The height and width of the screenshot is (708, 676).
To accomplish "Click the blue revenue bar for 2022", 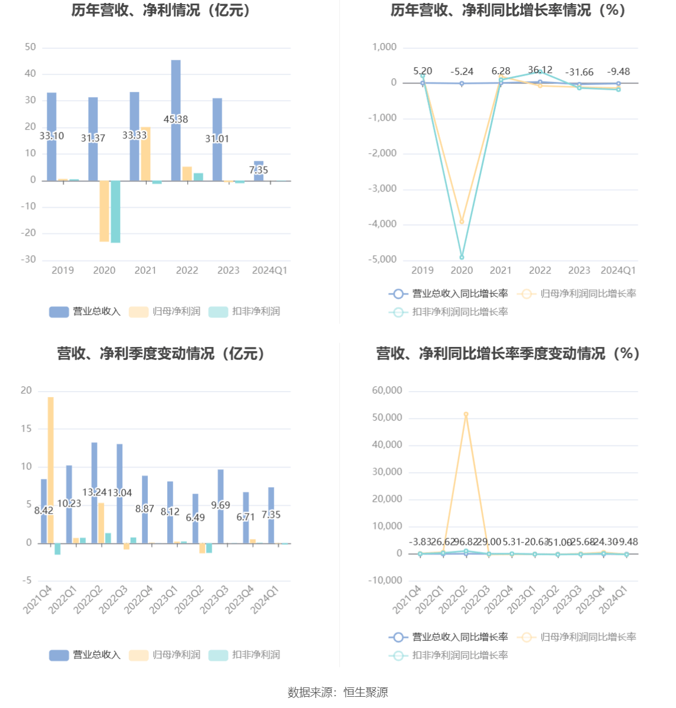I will coord(175,94).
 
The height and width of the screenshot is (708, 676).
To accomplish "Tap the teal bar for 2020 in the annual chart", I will coord(115,211).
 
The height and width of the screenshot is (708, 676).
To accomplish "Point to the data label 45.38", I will coord(175,120).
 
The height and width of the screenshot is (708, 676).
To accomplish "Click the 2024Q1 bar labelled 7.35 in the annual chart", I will coord(259,171).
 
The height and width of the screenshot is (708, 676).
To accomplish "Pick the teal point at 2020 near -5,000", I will coord(462,257).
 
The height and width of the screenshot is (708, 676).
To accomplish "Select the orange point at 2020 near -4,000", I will coord(462,221).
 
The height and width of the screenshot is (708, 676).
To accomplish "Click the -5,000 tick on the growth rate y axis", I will coord(383,260).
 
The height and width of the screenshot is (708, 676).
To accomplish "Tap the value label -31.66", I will coord(579,72).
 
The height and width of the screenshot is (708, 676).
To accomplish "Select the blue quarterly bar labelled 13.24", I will coord(94,471).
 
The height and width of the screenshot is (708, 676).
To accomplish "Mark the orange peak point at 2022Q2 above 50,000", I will coord(466,415).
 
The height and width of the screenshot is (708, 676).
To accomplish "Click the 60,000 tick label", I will coord(387,391).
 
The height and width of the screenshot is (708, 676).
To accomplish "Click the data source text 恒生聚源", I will coord(366,693).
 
